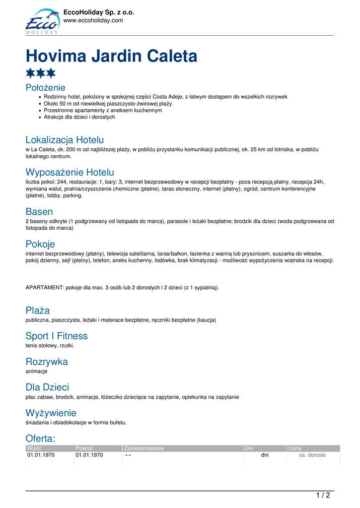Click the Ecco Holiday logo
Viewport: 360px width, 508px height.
point(42,22)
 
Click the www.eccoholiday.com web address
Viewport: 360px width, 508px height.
point(93,20)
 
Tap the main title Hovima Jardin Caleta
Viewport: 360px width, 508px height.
point(111,56)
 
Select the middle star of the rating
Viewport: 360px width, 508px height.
point(41,73)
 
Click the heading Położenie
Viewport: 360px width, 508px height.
point(45,88)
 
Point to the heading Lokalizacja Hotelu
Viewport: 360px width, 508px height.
point(65,140)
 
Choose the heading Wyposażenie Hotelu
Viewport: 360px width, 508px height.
point(70,173)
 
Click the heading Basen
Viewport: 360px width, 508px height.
point(39,212)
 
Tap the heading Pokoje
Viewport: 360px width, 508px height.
point(40,244)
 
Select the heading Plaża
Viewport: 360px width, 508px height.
point(38,311)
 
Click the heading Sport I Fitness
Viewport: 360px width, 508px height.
point(57,336)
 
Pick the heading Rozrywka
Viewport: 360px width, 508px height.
point(47,362)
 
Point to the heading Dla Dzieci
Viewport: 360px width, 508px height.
point(47,387)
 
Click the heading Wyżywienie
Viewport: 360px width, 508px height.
point(51,413)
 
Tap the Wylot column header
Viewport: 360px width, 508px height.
point(34,448)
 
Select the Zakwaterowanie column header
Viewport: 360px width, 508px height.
point(144,448)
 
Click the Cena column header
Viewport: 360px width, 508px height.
point(295,448)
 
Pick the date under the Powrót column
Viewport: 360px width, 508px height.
point(89,455)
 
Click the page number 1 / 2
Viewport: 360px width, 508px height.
point(323,495)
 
